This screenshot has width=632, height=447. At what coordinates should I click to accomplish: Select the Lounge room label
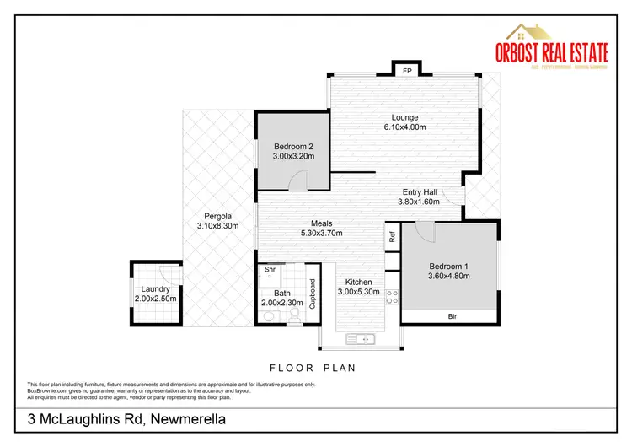click(405, 117)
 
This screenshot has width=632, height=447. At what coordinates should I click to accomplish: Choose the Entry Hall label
click(419, 191)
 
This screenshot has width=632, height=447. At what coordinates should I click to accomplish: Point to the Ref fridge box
click(393, 237)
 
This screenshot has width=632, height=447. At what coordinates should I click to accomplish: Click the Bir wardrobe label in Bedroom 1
click(452, 317)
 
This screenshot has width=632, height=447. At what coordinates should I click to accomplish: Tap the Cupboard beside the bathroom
click(312, 294)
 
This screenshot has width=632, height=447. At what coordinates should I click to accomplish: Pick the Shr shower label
click(270, 270)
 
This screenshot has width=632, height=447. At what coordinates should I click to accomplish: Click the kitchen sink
click(364, 340)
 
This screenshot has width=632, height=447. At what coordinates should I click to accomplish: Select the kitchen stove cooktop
click(392, 295)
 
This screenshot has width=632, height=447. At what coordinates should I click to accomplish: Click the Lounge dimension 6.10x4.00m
click(405, 128)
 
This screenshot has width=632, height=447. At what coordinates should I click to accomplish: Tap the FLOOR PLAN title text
click(313, 368)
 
